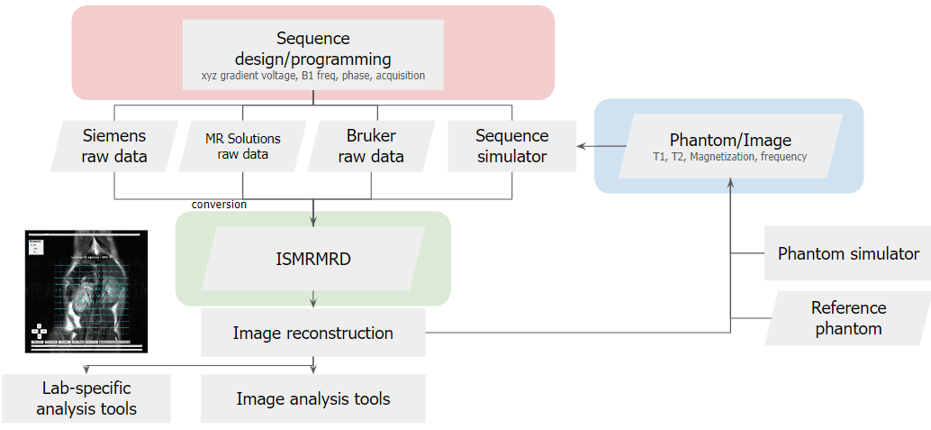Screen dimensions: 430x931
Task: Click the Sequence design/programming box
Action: coord(312,54)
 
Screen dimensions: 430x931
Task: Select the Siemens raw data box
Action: coord(114,146)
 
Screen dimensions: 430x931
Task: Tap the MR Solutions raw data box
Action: coord(243,146)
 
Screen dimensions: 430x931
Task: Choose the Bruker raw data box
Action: coord(371,146)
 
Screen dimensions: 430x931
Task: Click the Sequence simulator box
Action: coord(511,146)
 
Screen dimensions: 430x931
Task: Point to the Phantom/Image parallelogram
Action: coord(729,147)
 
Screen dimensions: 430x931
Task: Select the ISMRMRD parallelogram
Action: coord(312,259)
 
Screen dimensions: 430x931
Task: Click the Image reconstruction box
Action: coord(312,333)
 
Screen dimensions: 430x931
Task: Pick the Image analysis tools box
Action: coord(312,398)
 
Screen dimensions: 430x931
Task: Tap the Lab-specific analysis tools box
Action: coord(86,398)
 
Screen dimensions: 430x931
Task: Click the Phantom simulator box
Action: coord(848,253)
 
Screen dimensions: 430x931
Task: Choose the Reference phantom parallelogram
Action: coord(848,318)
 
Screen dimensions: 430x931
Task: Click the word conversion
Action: coord(219,204)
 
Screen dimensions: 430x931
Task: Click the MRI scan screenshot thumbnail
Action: coord(86,290)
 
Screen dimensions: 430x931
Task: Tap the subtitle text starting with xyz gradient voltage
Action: coord(312,77)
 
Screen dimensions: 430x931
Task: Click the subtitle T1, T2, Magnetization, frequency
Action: coord(729,156)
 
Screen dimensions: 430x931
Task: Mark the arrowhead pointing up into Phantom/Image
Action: coord(730,182)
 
